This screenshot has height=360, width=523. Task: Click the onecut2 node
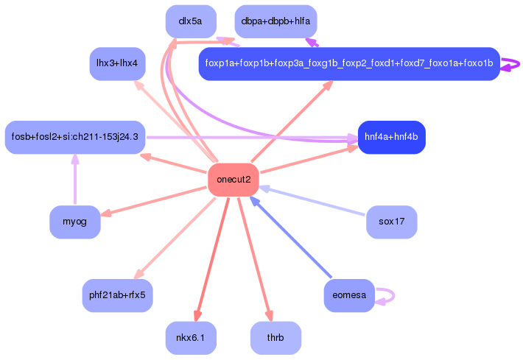[x=234, y=180]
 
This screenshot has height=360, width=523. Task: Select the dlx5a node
[x=191, y=21]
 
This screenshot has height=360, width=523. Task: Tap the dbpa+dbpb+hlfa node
[x=275, y=21]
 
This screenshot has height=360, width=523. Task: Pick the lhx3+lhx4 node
[x=117, y=63]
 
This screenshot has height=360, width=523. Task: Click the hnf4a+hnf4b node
[x=391, y=137]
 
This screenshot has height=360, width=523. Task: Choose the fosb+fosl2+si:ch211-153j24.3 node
[x=74, y=137]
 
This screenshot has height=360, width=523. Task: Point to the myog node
[x=74, y=222]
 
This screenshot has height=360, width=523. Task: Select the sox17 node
[x=392, y=222]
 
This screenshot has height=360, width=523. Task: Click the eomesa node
[x=349, y=295]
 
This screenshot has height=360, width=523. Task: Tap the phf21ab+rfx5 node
[x=117, y=295]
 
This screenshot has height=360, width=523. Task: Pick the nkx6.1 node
[x=191, y=338]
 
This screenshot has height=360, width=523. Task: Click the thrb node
[x=275, y=338]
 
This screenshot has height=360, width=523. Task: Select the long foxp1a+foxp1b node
[x=349, y=64]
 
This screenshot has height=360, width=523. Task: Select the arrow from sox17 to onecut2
[x=313, y=201]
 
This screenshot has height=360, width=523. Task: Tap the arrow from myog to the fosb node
[x=74, y=180]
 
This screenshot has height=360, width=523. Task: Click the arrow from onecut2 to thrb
[x=255, y=258]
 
